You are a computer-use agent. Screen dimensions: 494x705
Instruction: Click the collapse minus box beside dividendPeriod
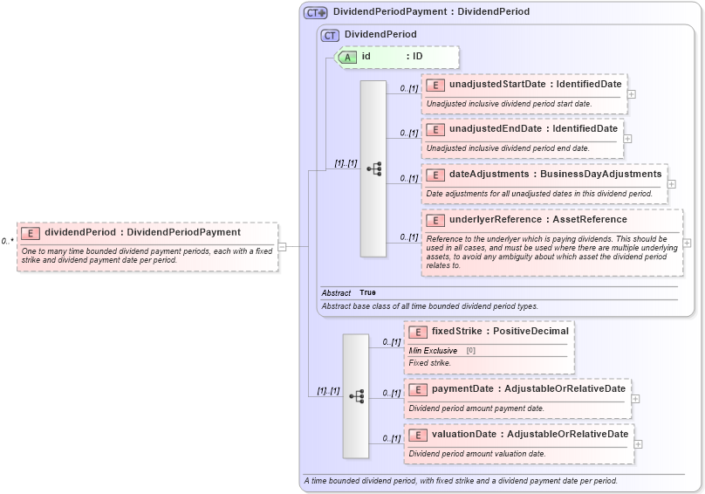tap(282, 246)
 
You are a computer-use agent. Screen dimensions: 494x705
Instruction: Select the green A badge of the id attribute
tap(347, 56)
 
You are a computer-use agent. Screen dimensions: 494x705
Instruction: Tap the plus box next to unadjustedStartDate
tap(631, 93)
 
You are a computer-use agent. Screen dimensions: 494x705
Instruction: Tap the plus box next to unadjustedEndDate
tap(627, 138)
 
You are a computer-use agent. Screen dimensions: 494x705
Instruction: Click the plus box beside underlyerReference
tap(688, 243)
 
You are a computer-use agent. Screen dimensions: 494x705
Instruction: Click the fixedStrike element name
tap(461, 332)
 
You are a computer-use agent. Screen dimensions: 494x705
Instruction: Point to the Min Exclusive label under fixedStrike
tap(433, 350)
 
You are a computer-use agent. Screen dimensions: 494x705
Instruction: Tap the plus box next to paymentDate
tap(636, 398)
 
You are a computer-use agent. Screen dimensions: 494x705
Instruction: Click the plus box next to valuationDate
tap(639, 443)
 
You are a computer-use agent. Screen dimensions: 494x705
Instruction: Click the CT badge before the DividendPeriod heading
tap(330, 35)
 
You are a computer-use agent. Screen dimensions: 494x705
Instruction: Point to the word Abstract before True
tap(336, 292)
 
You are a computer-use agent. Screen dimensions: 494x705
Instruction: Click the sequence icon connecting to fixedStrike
tap(356, 395)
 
